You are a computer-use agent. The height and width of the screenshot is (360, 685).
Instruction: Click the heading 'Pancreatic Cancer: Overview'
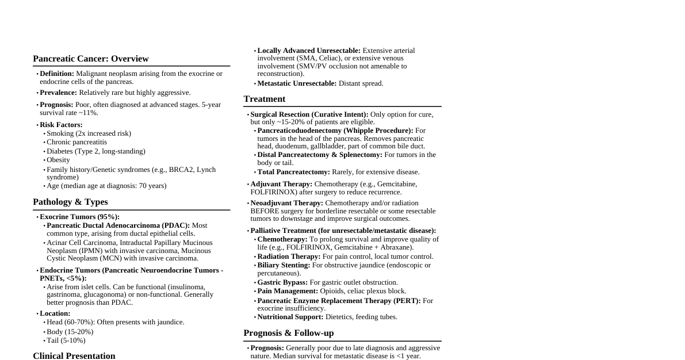91,59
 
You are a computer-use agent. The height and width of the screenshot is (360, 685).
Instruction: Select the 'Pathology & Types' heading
70,202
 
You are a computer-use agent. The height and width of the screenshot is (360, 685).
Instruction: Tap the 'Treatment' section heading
264,99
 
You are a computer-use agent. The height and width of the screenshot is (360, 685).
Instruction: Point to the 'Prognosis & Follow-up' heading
288,333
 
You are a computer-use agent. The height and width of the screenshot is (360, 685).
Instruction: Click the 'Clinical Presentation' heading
74,356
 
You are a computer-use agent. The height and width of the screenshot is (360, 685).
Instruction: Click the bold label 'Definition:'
57,74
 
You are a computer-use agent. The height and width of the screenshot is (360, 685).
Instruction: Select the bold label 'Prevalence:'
58,93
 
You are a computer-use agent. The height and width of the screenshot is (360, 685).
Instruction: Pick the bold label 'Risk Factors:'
61,125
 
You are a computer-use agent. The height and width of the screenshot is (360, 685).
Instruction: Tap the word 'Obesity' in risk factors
58,160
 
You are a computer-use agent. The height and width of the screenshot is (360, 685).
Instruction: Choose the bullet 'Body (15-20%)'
70,332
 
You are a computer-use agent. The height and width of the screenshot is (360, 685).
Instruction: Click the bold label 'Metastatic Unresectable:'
297,83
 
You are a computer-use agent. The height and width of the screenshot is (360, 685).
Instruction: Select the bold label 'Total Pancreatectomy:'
293,172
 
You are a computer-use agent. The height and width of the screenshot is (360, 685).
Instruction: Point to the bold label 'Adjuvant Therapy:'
281,184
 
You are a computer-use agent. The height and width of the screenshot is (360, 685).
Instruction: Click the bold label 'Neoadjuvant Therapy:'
286,203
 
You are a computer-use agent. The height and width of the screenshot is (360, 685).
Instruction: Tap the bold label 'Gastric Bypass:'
282,282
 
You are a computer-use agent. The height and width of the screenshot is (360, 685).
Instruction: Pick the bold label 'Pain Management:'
288,291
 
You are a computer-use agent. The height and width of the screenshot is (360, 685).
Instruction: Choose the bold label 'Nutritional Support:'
290,317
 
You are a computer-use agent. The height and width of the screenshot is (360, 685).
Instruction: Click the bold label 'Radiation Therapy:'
289,256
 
